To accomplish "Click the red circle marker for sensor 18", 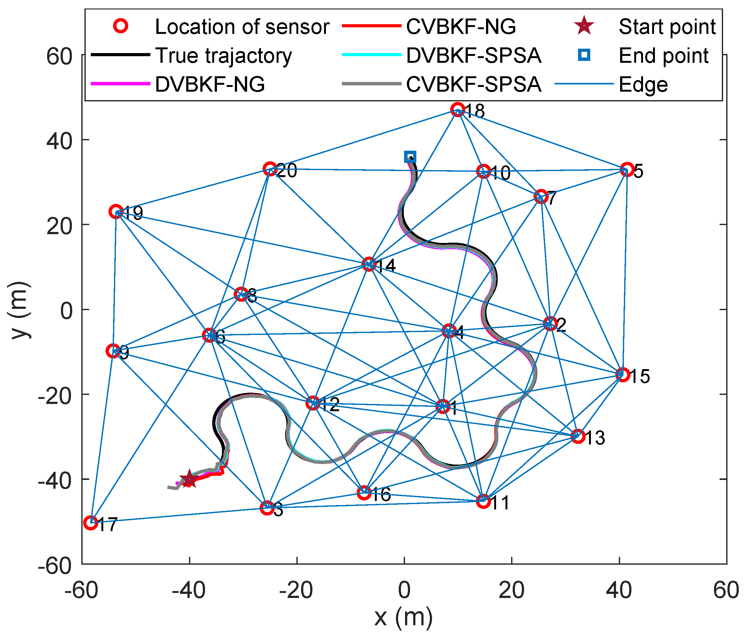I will [457, 109].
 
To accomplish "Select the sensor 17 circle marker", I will [90, 523].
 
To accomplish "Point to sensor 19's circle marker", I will [116, 212].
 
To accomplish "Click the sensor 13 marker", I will [578, 436].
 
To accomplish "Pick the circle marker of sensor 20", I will [270, 169].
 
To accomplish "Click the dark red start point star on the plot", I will [189, 479].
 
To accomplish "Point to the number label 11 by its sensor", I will [500, 503].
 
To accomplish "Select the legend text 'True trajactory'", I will [223, 56].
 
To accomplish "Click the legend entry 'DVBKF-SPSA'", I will [473, 56].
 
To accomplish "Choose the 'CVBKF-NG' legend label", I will [461, 27].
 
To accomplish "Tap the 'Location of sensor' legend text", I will [242, 27].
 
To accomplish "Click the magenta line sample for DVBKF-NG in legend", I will [120, 83].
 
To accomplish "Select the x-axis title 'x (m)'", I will [403, 617].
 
